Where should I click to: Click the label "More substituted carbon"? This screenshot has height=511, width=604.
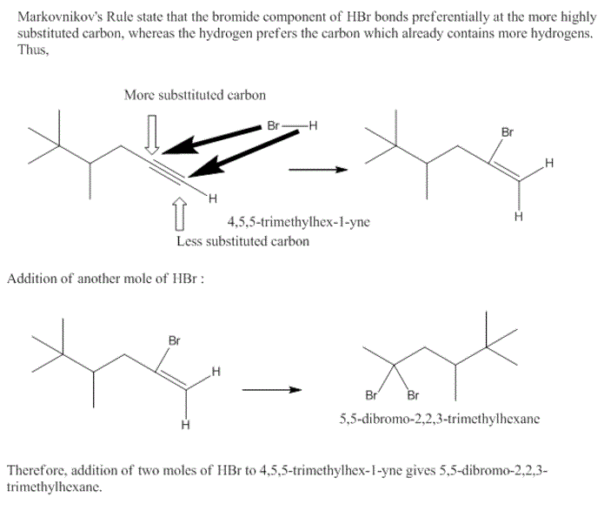[195, 94]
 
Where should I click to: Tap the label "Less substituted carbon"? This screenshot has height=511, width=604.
[242, 241]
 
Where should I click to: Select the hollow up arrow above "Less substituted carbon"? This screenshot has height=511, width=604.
[179, 212]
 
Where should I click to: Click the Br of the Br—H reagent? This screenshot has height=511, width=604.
[275, 125]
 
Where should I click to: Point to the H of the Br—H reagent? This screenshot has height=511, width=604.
[312, 125]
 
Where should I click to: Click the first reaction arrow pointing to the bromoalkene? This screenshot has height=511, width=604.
[317, 169]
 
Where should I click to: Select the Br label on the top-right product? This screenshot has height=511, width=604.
[508, 132]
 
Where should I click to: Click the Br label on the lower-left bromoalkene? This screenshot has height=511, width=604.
[174, 340]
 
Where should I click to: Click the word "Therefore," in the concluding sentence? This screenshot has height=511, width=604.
[37, 470]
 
